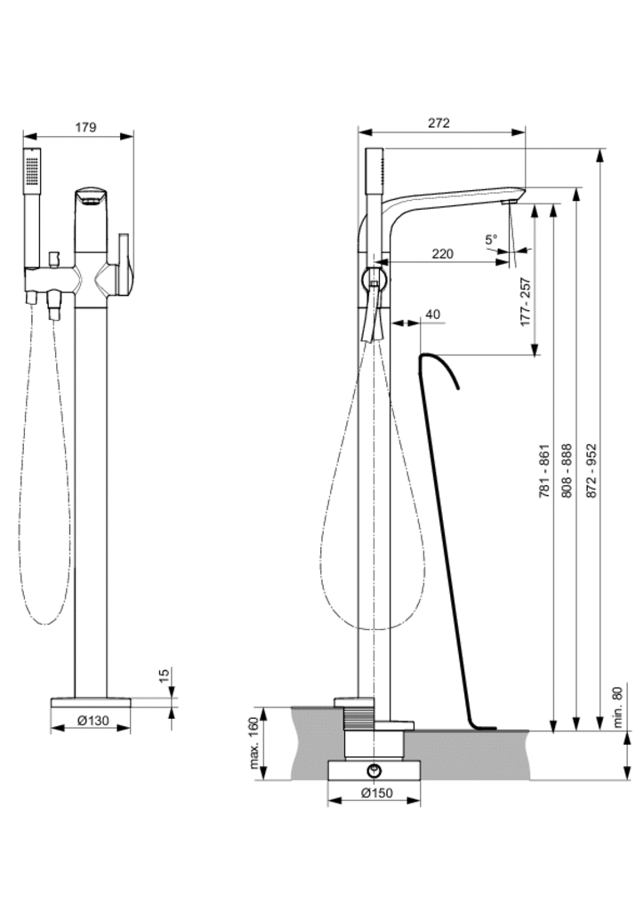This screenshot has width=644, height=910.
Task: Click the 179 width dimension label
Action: coord(85,127)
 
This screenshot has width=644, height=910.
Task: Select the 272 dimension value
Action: coord(439,123)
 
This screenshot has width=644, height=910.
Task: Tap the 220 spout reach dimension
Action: coord(442,253)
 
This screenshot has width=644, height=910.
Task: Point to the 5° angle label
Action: coord(492,239)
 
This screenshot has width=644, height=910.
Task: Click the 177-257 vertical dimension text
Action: coord(526,302)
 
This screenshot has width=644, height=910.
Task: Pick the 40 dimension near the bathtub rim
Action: coord(433,314)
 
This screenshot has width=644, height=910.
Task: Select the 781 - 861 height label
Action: coord(545,470)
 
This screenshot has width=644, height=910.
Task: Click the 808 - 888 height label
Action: coord(568,470)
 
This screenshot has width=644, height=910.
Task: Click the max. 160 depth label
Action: coord(254,743)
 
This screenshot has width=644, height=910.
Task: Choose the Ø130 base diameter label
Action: coord(93,721)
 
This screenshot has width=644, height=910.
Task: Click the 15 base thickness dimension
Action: coord(164,676)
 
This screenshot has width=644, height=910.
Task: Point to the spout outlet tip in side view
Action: coord(508,204)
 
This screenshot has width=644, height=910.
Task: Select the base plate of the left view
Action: coord(91,701)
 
